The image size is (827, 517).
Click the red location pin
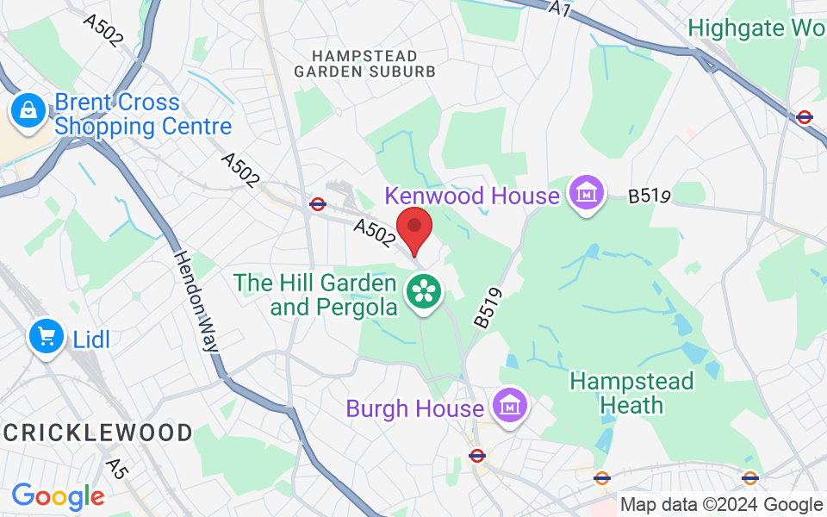[414, 228]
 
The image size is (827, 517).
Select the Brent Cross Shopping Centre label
[143, 115]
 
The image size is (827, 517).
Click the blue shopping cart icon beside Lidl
[47, 336]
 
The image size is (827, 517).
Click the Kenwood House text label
[472, 196]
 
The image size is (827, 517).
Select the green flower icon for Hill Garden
[424, 291]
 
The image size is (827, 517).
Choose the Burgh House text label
[414, 408]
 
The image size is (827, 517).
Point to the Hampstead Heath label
[631, 393]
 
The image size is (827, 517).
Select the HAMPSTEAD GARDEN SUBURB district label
[365, 64]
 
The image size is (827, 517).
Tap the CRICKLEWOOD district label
[96, 433]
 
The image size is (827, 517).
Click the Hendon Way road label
[196, 302]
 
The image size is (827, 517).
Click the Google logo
[58, 496]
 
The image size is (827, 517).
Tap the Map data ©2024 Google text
[721, 505]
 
